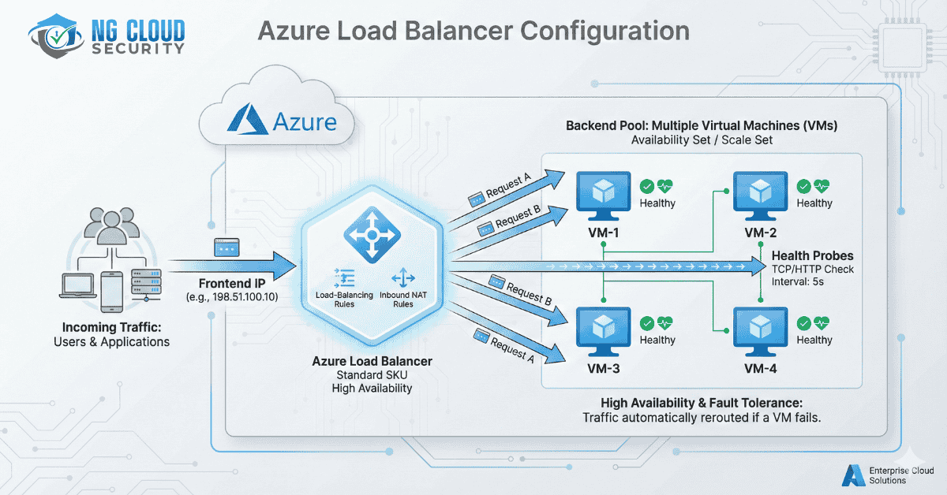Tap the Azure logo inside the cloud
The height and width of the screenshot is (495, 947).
pos(245,121)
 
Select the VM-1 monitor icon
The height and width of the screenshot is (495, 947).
pos(601,193)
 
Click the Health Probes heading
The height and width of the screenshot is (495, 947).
pos(812,255)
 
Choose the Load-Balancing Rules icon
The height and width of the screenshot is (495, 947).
pos(346,277)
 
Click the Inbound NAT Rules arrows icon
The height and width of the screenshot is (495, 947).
pos(403,277)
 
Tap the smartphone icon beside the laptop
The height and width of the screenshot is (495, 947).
pos(110,288)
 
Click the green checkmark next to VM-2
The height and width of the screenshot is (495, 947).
pos(803,186)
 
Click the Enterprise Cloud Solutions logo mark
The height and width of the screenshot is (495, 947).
pos(850,475)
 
